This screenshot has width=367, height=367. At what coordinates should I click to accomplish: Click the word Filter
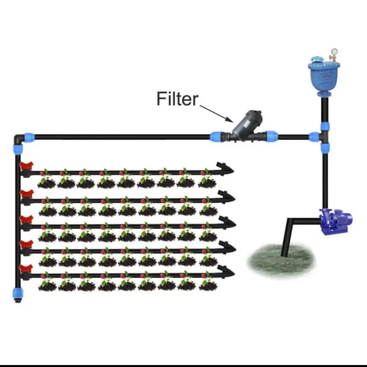(177, 98)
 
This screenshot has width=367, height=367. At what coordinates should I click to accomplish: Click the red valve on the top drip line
(26, 167)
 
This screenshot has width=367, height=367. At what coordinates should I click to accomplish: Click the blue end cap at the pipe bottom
(18, 294)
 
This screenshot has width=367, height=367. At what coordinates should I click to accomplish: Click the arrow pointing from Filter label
(217, 113)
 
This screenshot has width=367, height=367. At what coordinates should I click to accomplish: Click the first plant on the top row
(47, 179)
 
